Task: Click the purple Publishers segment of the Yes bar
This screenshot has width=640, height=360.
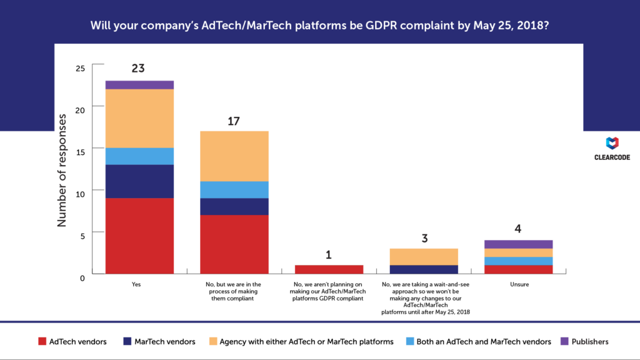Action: coord(139,85)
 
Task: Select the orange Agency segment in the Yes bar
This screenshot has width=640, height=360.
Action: coord(139,118)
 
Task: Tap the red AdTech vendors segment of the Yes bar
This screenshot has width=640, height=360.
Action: coord(139,236)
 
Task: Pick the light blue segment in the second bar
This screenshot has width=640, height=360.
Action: coord(234,189)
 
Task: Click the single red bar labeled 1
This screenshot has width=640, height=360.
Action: coord(328,269)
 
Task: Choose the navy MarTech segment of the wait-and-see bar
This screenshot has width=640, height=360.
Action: coord(423,269)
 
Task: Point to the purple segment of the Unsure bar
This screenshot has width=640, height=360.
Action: coord(518,244)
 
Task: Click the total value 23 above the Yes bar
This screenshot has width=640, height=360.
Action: coord(138,68)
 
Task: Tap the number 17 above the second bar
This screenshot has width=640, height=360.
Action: coord(234,121)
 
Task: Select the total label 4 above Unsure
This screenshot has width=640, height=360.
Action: coord(517,229)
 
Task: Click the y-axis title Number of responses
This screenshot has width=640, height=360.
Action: coord(62,169)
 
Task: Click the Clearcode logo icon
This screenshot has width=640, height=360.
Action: coord(612,143)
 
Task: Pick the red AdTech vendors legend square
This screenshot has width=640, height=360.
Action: coord(42,341)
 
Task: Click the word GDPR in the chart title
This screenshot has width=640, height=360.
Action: coord(364,26)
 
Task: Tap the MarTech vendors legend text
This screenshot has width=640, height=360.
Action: coord(168,341)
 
